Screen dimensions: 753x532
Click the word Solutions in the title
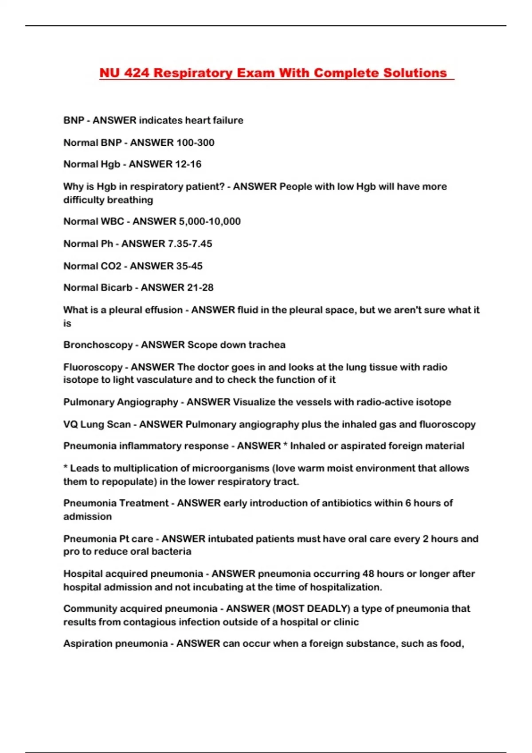tap(415, 73)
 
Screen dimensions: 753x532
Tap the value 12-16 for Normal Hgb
tap(188, 164)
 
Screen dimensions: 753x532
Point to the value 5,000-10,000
tap(208, 221)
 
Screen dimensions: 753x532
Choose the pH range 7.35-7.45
tap(190, 244)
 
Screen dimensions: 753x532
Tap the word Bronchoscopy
tap(98, 345)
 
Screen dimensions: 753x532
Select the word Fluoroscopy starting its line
tap(93, 367)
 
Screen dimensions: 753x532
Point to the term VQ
tap(71, 424)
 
